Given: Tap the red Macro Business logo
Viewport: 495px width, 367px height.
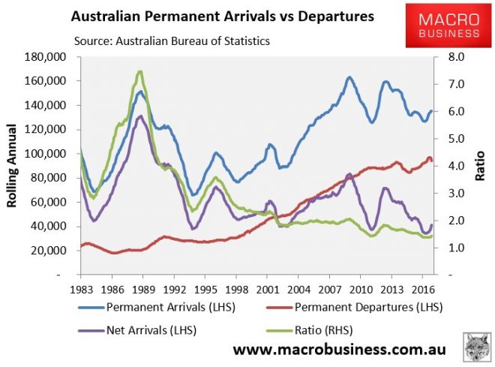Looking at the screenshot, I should tap(443, 26).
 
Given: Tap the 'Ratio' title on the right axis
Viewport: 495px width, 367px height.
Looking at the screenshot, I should tap(480, 166).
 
